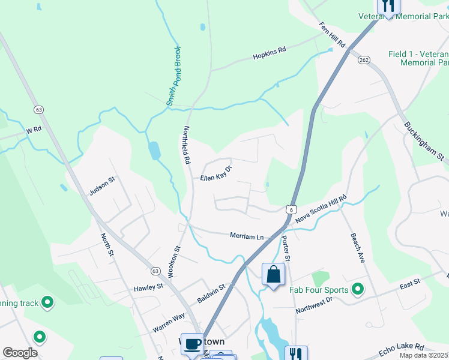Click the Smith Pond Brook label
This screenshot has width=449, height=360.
(173, 76)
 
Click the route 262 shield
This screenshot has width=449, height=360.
(363, 60)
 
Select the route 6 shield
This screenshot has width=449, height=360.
(291, 209)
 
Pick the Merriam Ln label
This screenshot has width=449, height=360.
(247, 236)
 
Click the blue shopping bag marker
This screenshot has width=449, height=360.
(273, 275)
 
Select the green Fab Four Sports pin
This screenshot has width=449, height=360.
(358, 290)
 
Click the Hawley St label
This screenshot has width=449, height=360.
(148, 287)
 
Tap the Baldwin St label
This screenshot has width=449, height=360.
(211, 294)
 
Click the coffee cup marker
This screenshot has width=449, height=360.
(192, 344)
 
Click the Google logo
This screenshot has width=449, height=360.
(20, 353)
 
